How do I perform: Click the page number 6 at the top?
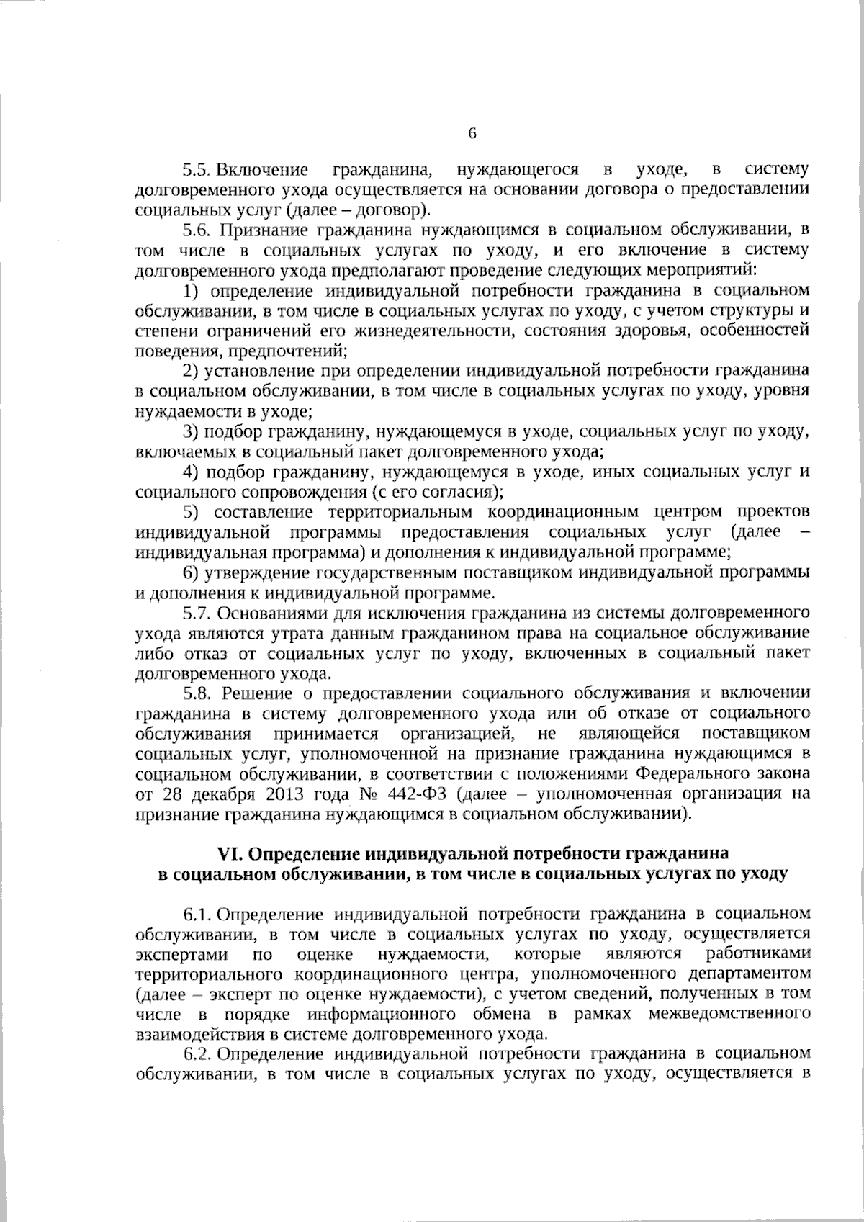(472, 134)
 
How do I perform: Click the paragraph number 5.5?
(196, 170)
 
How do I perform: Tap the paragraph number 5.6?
(197, 230)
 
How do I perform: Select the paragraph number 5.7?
(197, 614)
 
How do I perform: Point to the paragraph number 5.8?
(197, 693)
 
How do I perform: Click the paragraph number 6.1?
(197, 915)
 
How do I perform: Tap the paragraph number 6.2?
(197, 1053)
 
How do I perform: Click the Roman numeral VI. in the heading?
(232, 853)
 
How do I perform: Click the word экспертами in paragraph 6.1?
(181, 955)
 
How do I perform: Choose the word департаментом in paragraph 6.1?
(748, 974)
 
